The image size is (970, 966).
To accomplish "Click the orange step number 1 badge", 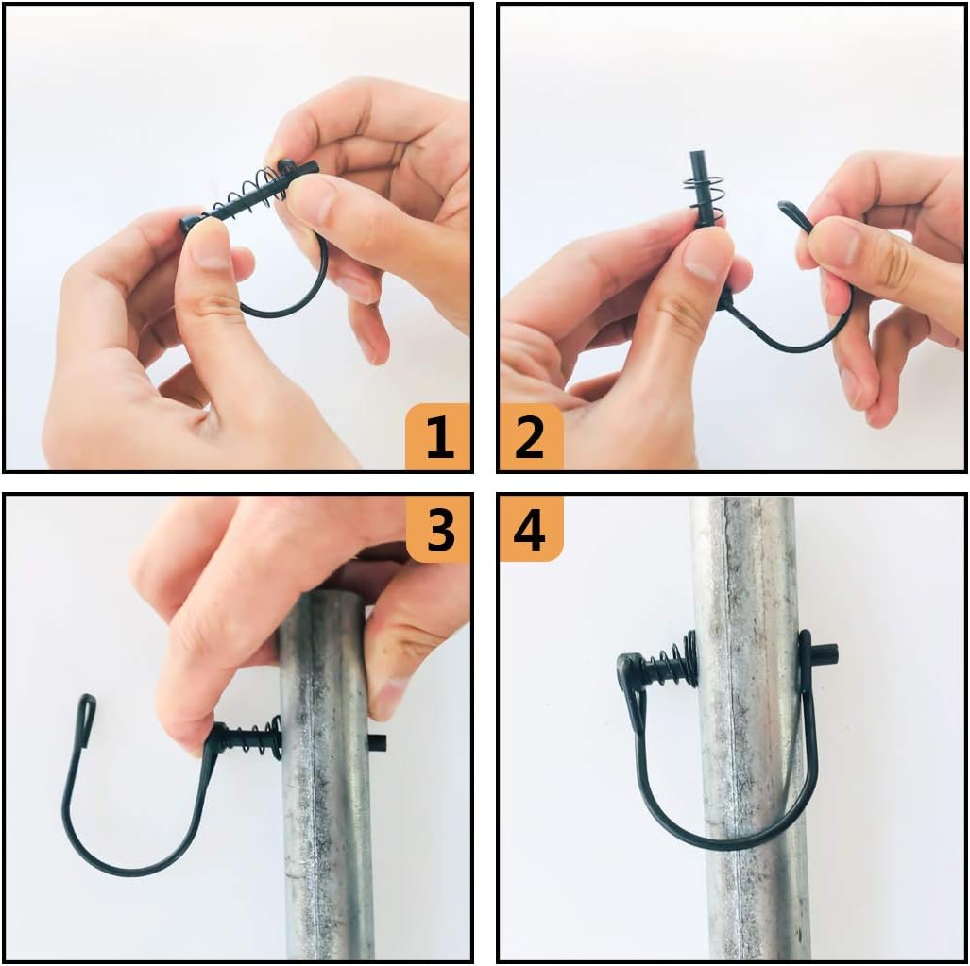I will click(x=438, y=437).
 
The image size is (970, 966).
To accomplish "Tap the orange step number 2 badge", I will click(x=531, y=437).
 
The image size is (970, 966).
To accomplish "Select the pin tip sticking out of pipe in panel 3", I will click(x=377, y=742).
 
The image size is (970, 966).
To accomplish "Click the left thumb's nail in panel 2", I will click(x=707, y=254).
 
